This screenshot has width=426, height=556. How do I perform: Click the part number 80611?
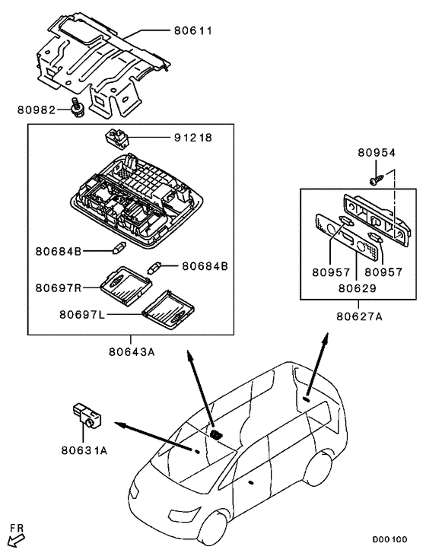[193, 31]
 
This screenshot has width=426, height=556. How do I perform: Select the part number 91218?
[193, 137]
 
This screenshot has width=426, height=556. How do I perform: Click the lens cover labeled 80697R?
[126, 285]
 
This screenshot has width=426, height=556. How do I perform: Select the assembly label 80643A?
[132, 352]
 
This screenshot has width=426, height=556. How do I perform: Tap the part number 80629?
[357, 288]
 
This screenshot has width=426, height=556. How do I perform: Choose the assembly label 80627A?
[359, 316]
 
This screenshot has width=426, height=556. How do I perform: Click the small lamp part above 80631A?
[87, 415]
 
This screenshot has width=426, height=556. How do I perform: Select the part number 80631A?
[84, 450]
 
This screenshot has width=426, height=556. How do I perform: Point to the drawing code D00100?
[389, 539]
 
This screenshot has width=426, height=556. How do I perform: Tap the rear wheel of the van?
[321, 469]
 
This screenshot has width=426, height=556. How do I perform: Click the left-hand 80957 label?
[331, 272]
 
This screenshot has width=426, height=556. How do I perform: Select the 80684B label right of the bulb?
[205, 266]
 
